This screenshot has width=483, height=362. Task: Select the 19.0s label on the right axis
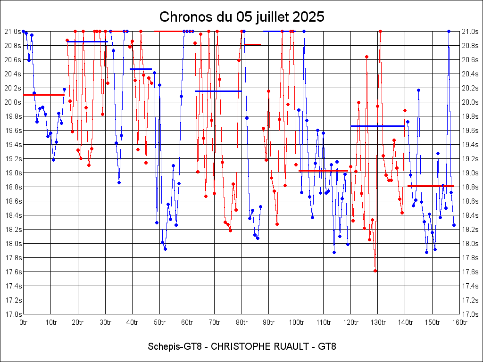point(470,173)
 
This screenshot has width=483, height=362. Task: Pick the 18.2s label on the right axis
point(470,230)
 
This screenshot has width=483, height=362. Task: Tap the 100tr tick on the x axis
point(296,322)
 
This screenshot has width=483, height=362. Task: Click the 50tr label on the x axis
point(160,322)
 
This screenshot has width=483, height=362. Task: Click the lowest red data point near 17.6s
point(375,271)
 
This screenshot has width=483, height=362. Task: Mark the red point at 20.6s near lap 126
point(366,57)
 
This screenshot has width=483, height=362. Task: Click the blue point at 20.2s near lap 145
point(418,90)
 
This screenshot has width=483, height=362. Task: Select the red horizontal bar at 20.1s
point(43,95)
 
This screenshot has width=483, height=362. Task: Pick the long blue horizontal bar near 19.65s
point(377,126)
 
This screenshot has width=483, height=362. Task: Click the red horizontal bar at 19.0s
point(323,171)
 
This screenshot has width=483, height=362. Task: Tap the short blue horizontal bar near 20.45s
point(141,69)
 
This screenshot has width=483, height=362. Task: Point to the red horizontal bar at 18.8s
point(430,186)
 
